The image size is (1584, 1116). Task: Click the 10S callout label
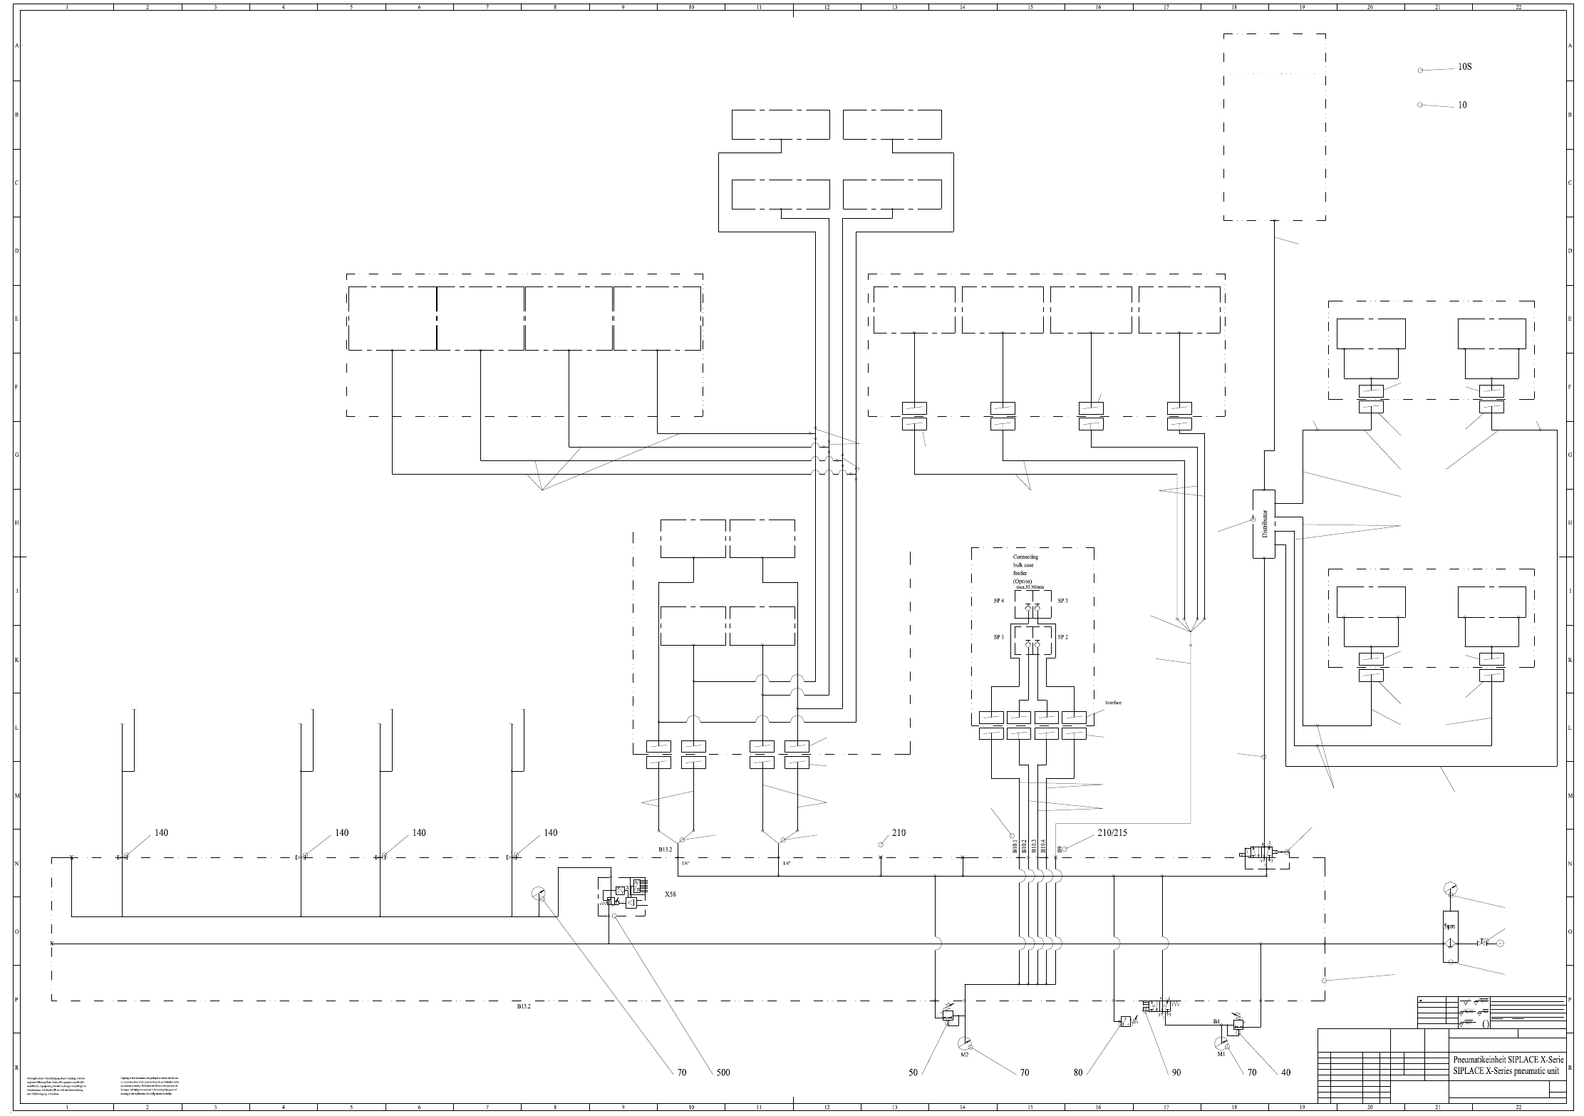[x=1464, y=67]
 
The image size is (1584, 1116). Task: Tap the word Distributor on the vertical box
[x=1265, y=523]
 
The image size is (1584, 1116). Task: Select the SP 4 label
[x=999, y=601]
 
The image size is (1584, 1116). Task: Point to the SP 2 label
[x=1062, y=637]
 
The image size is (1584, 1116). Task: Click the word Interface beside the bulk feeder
[x=1114, y=703]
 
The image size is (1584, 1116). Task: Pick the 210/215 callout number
[x=1112, y=832]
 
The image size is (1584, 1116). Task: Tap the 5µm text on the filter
[x=1449, y=926]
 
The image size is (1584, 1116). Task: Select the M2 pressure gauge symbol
[x=964, y=1043]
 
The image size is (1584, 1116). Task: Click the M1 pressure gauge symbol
[x=1221, y=1043]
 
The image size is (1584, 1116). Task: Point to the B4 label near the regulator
[x=1217, y=1022]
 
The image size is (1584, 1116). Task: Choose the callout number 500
[x=723, y=1092]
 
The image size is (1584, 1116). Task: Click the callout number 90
[x=1176, y=1092]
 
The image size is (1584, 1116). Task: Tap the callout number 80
[x=1078, y=1092]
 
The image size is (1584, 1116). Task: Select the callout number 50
[x=913, y=1092]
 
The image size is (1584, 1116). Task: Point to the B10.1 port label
[x=1015, y=846]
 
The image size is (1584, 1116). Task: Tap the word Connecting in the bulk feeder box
[x=1025, y=557]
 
